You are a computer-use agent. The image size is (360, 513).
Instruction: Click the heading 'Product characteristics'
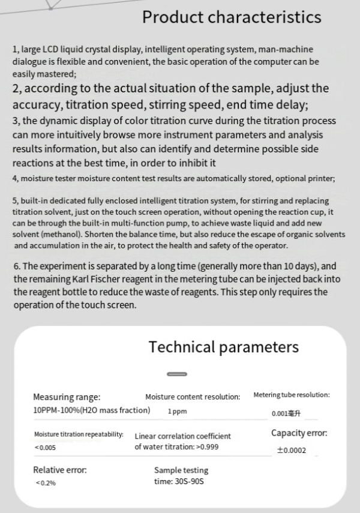point(232,17)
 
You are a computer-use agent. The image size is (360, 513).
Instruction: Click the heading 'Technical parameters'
point(223,347)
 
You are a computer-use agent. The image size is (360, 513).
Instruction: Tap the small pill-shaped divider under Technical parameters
point(178,374)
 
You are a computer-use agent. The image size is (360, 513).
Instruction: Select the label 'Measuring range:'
point(67,397)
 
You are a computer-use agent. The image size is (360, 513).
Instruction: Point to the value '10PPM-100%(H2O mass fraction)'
point(91,410)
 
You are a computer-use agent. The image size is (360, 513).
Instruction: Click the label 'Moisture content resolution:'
point(193,397)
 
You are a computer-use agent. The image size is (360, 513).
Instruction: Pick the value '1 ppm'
point(178,412)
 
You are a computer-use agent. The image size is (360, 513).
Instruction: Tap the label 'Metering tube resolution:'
point(292,395)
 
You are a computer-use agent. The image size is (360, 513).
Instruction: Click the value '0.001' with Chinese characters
point(286,413)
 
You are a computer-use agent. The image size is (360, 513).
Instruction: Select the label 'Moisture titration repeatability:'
point(79,434)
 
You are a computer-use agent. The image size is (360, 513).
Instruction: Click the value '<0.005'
point(46,448)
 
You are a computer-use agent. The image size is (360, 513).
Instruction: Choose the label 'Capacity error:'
point(299,433)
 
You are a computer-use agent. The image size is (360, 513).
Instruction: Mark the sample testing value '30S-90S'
point(188,482)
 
